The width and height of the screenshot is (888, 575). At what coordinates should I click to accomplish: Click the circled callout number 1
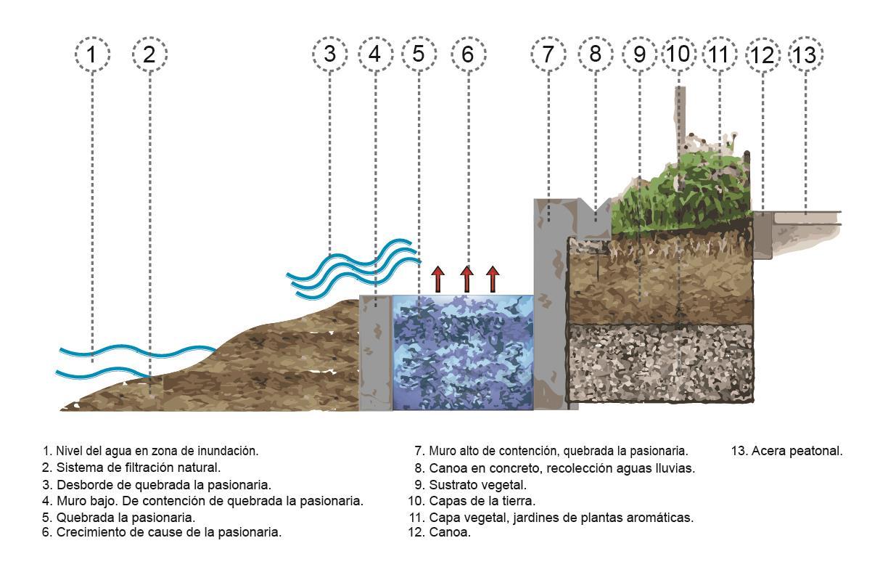pos(92,54)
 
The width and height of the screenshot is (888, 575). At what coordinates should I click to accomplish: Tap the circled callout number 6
pos(468,54)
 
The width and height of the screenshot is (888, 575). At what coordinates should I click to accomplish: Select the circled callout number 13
pos(805,54)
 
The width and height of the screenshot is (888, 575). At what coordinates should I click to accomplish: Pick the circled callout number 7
pos(548,54)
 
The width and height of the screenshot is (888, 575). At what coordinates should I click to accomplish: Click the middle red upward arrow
pos(466,279)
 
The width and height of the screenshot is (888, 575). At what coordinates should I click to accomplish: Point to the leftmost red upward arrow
pos(438,279)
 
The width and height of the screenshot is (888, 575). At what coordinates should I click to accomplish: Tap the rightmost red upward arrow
pos(493,279)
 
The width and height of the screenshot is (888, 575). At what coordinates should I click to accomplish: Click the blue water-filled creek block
pos(463,352)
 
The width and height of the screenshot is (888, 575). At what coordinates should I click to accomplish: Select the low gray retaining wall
pos(376,353)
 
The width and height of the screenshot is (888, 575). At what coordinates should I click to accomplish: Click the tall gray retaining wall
pos(549,305)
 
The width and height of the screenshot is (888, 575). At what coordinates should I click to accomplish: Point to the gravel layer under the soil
pos(660,363)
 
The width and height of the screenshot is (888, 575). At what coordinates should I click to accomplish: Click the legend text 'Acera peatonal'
pos(787,451)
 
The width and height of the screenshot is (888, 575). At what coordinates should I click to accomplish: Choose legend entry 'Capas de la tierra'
pos(472,501)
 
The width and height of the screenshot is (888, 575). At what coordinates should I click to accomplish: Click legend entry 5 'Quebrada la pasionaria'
pos(119,518)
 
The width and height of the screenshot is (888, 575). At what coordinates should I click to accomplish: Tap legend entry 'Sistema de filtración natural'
pos(131,468)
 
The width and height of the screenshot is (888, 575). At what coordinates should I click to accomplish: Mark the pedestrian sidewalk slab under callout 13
pos(805,217)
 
